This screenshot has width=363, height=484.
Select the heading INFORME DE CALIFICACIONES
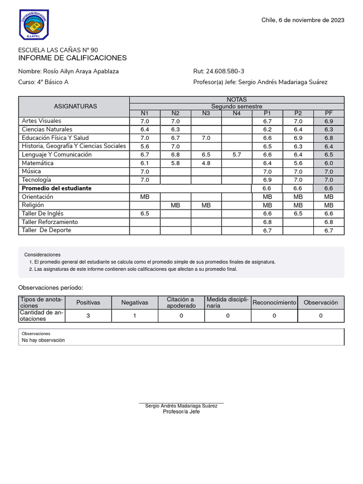point(72,58)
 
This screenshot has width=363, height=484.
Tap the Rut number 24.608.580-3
point(219,71)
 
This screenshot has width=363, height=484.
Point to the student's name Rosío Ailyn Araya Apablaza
point(69,71)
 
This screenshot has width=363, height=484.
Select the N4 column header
point(236,113)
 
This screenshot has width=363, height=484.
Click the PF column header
point(328,113)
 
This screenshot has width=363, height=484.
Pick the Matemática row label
point(38,163)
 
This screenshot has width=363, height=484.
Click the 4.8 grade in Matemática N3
point(206,163)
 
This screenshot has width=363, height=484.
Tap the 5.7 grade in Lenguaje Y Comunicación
point(236,155)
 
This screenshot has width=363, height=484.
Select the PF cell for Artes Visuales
point(328,121)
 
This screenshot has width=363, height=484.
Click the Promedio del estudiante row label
point(57,188)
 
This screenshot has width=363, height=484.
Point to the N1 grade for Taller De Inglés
point(145,214)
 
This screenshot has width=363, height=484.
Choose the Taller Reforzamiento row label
point(50,222)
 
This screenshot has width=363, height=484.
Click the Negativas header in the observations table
point(135,302)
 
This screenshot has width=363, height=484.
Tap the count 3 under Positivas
point(88,316)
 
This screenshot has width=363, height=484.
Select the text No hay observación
point(43,340)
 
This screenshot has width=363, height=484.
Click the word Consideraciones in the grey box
point(43,255)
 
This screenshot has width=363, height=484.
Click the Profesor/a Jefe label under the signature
point(181,412)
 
